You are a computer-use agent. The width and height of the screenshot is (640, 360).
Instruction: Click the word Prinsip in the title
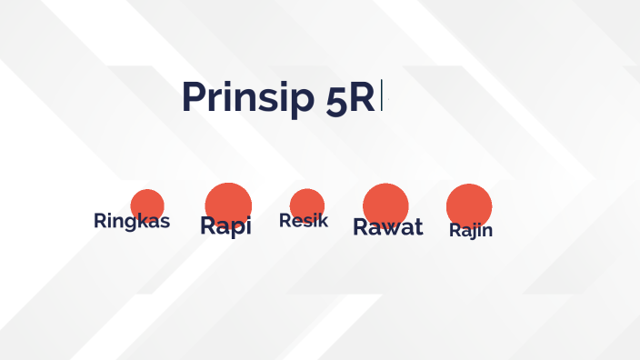248,97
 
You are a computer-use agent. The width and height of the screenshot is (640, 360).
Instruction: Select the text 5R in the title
350,98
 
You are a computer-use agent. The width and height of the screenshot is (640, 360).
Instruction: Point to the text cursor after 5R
382,96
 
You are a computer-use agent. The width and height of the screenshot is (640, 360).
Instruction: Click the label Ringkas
132,221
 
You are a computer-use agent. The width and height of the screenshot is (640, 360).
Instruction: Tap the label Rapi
225,226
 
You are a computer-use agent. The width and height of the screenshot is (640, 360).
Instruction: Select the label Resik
304,220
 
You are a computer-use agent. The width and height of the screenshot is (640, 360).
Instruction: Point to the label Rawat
388,227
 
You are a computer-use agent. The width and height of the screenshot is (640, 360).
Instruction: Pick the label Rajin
471,230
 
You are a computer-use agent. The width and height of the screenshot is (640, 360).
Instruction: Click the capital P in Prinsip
193,96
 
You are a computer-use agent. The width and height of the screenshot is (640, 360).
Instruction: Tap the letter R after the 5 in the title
361,97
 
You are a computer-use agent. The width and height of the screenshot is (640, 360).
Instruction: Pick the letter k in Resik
322,220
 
